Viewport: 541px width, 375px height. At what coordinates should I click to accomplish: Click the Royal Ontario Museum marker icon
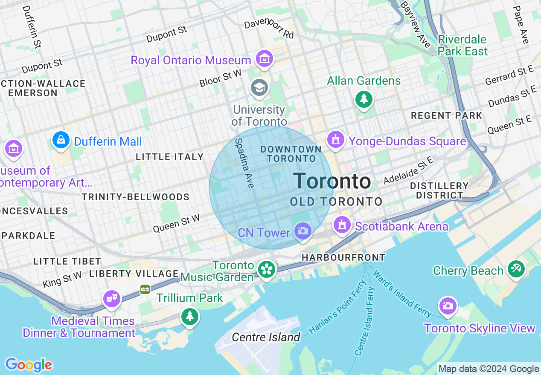(x=265, y=58)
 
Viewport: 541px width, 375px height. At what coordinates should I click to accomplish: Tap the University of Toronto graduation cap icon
(x=259, y=88)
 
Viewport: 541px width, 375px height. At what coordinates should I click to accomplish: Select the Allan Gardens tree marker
(x=364, y=99)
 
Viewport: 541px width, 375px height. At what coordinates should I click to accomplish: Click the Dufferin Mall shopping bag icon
(x=61, y=139)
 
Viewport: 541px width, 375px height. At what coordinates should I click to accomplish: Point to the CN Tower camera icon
(x=302, y=231)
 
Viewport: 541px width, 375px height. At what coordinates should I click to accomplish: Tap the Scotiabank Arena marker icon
(x=342, y=225)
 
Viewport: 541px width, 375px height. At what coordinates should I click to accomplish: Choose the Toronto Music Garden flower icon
(x=267, y=269)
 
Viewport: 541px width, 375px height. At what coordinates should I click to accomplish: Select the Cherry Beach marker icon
(x=516, y=268)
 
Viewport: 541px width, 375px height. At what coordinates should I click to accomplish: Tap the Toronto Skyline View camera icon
(x=448, y=306)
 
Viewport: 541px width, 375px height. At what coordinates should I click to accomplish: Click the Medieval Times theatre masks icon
(x=112, y=298)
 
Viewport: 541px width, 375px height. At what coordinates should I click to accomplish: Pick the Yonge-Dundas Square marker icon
(x=336, y=139)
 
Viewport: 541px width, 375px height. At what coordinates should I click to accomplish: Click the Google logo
(x=29, y=365)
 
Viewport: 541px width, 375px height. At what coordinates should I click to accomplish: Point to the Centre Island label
(x=266, y=337)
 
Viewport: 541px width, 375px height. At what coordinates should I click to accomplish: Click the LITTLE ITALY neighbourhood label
(x=170, y=157)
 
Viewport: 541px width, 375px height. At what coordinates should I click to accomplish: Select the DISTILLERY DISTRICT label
(x=439, y=190)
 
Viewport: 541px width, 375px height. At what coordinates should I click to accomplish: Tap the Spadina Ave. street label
(x=245, y=164)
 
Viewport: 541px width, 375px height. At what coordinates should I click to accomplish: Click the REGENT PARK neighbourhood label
(x=446, y=115)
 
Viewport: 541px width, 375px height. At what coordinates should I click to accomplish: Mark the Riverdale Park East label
(x=462, y=45)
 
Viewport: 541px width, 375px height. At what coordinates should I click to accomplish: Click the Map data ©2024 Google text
(x=489, y=369)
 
